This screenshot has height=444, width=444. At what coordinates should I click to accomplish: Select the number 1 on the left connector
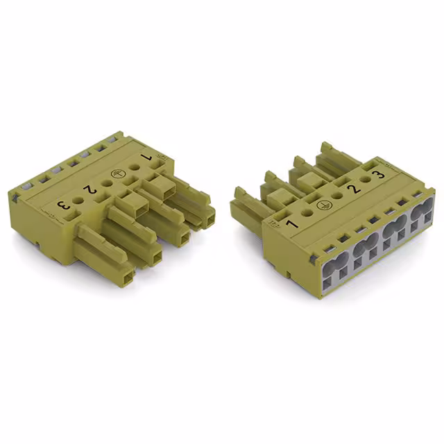pyautogui.click(x=146, y=160)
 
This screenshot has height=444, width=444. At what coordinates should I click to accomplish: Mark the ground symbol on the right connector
pyautogui.click(x=322, y=205)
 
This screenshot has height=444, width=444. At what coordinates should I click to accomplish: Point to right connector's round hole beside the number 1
pyautogui.click(x=307, y=214)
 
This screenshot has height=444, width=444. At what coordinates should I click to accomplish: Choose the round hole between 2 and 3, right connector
pyautogui.click(x=365, y=182)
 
